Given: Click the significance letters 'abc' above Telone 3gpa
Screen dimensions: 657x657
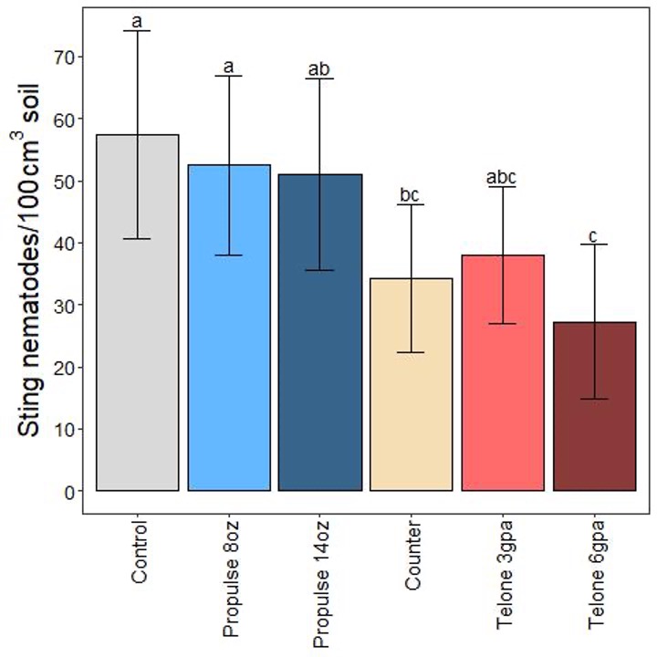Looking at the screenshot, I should (x=502, y=177).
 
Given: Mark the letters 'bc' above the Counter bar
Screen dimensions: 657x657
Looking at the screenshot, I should (x=411, y=195).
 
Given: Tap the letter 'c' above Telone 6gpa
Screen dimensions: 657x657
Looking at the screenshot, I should (x=593, y=236).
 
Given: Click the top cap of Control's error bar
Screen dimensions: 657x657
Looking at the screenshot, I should (x=137, y=31).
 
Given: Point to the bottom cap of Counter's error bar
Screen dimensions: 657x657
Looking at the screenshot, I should (x=411, y=352).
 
